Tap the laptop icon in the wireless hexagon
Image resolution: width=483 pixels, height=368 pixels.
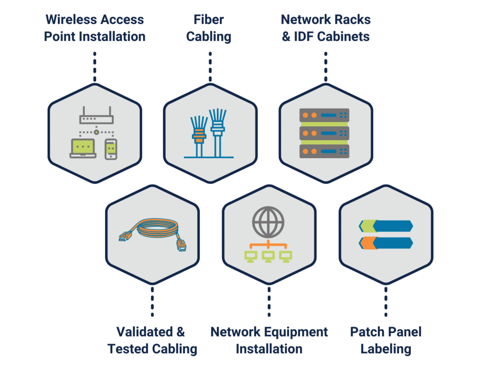[x=83, y=148]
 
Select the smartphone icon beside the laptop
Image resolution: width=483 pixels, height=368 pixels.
[x=111, y=149]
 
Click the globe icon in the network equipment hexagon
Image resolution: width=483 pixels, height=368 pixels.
[x=268, y=222]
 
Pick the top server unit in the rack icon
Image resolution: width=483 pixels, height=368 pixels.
[x=324, y=115]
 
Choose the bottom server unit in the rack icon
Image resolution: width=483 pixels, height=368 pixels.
[x=324, y=151]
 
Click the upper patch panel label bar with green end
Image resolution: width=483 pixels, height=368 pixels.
[x=385, y=226]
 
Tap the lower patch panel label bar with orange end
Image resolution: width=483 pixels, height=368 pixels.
[x=385, y=243]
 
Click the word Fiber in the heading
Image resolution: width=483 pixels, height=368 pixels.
[x=208, y=20]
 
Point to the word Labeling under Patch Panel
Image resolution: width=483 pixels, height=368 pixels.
[x=386, y=349]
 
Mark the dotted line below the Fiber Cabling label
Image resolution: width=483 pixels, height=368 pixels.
[x=210, y=67]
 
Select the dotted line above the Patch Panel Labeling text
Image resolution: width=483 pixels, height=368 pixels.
[x=386, y=300]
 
